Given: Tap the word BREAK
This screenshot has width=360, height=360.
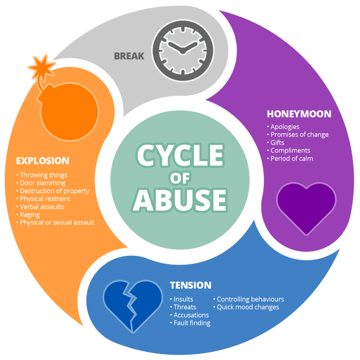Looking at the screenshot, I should [129, 56].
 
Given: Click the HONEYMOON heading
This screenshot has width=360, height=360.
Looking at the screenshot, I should [299, 114].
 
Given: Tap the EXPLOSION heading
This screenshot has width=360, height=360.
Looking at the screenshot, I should [43, 161].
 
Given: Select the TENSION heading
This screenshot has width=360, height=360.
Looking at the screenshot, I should [191, 285].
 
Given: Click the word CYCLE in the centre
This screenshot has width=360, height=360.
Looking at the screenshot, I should [180, 155].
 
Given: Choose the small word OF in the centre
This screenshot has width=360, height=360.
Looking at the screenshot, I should [180, 178].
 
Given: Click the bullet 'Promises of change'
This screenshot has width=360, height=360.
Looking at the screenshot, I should [299, 135].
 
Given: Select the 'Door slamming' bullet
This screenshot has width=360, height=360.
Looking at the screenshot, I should [43, 183].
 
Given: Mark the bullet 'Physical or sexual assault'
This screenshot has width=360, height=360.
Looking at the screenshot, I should [57, 223].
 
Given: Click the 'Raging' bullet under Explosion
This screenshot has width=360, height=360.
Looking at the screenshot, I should [30, 214].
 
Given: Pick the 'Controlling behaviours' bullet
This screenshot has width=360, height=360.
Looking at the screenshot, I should [250, 300].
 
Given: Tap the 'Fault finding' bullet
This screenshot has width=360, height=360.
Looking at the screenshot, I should [192, 323].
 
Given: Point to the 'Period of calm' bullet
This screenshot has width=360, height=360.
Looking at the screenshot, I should [291, 159].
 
